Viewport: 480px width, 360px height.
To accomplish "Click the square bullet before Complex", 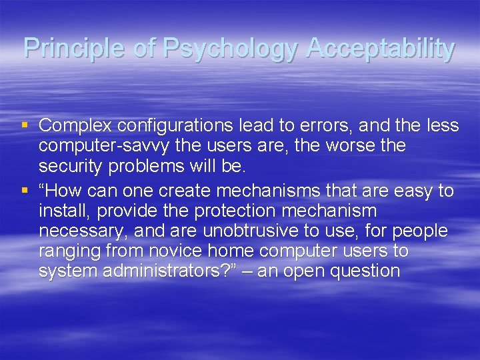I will coord(26,124).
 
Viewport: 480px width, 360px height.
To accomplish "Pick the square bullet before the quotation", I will coord(26,191).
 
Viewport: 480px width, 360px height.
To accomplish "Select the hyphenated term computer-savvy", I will coord(103,145).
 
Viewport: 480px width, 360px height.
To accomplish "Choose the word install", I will coord(60,211).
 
